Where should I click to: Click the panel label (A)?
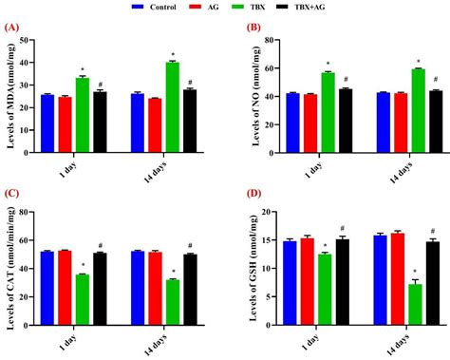pyautogui.click(x=11, y=28)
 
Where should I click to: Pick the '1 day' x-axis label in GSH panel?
pyautogui.click(x=309, y=338)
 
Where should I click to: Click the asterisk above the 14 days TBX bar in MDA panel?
pyautogui.click(x=172, y=54)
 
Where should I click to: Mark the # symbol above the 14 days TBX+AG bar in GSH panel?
pyautogui.click(x=432, y=231)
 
